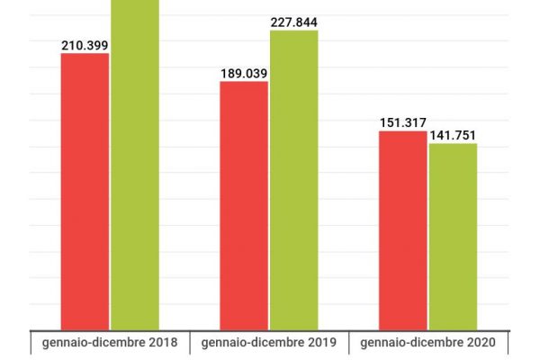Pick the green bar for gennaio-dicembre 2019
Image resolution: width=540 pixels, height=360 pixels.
(293, 180)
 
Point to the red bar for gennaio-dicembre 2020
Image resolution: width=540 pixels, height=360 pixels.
(402, 229)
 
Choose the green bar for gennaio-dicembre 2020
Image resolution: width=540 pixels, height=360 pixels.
(453, 236)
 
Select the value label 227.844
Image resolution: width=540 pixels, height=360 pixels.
(294, 22)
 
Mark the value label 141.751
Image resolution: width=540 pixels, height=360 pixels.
(452, 135)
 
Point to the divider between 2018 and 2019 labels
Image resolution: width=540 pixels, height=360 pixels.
(190, 343)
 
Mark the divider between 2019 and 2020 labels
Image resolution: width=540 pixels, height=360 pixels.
(349, 343)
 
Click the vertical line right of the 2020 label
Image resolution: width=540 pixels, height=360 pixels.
(508, 343)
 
